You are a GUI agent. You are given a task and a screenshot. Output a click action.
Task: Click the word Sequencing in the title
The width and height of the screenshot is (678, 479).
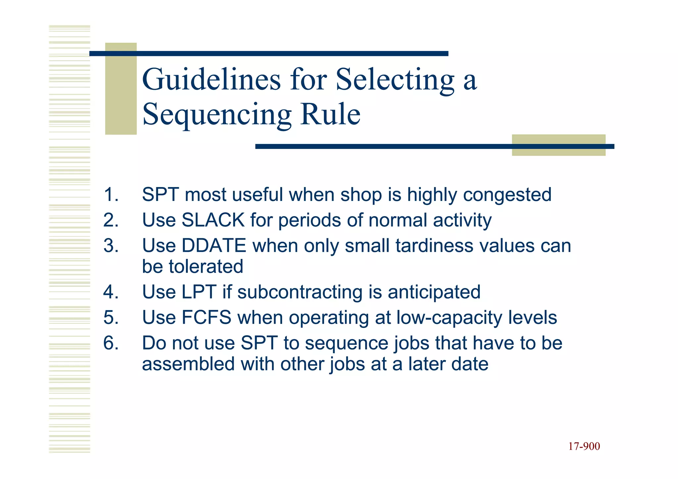click(217, 114)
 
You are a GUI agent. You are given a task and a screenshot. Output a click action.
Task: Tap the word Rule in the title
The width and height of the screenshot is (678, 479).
click(330, 114)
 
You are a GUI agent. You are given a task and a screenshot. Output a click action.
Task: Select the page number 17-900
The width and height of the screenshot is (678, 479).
click(584, 446)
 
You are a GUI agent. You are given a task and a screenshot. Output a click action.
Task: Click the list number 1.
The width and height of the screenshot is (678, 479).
click(111, 195)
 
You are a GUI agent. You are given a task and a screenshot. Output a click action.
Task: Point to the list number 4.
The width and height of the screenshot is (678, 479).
click(111, 292)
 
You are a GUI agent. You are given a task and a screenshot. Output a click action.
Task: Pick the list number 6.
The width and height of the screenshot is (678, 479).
click(111, 343)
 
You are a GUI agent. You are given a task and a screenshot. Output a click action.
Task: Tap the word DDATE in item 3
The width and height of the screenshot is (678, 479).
click(214, 246)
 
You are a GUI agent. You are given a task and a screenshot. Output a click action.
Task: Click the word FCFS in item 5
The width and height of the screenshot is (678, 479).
click(206, 317)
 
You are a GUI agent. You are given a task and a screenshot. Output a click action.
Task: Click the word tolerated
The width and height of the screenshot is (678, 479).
click(206, 266)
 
